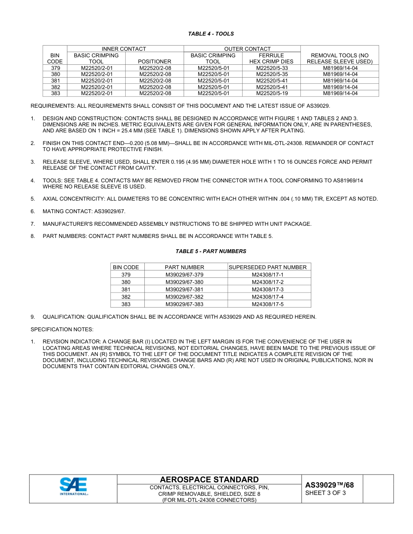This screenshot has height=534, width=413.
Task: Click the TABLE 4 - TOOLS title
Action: [x=210, y=34]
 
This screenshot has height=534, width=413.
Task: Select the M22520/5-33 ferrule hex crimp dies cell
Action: [x=272, y=68]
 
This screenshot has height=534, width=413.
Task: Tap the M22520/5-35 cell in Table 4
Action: [x=272, y=74]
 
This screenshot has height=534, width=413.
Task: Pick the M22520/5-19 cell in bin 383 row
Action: [x=272, y=93]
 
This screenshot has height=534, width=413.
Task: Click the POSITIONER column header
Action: [x=154, y=62]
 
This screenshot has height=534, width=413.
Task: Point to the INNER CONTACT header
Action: [x=123, y=49]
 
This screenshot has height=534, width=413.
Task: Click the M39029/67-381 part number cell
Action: [x=184, y=290]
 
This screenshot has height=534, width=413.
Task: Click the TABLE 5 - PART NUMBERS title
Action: [x=210, y=251]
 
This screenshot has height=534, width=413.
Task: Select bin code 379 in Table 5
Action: [x=126, y=275]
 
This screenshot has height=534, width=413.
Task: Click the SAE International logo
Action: [x=73, y=486]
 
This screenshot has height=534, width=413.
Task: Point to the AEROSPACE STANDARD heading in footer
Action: [x=209, y=480]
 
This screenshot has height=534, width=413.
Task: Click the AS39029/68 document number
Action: [x=329, y=485]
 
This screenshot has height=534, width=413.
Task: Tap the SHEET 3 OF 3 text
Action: [x=326, y=493]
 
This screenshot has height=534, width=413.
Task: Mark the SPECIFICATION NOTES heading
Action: [x=62, y=330]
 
